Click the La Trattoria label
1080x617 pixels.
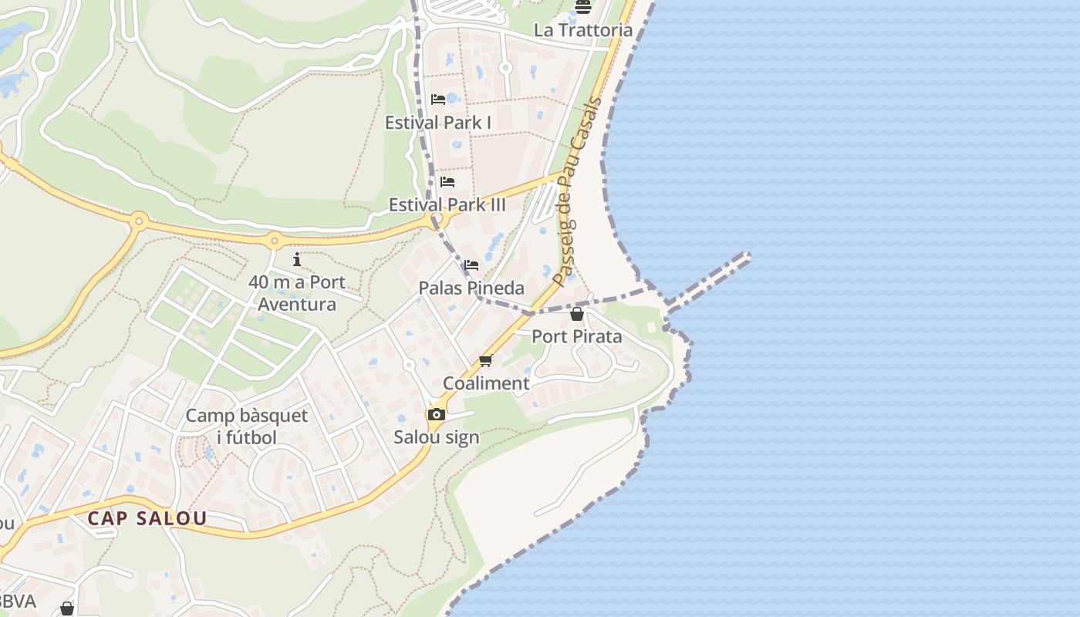pyautogui.click(x=583, y=30)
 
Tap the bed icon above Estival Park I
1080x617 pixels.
pyautogui.click(x=438, y=99)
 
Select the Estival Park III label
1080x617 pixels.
pyautogui.click(x=447, y=204)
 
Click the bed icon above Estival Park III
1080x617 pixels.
pyautogui.click(x=447, y=183)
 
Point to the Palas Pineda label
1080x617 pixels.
pyautogui.click(x=471, y=288)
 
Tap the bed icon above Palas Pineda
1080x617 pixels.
pyautogui.click(x=471, y=266)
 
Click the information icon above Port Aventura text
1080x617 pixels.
pyautogui.click(x=297, y=260)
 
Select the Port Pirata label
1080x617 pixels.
pyautogui.click(x=577, y=336)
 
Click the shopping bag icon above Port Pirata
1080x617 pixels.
pyautogui.click(x=577, y=314)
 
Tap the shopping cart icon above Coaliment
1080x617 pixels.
pyautogui.click(x=486, y=361)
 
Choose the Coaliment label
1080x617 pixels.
pyautogui.click(x=486, y=383)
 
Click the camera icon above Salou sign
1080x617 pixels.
pyautogui.click(x=437, y=415)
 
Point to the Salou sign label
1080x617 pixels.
pyautogui.click(x=437, y=437)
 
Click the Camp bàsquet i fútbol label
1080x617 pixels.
pyautogui.click(x=247, y=427)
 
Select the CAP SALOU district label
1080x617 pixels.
pyautogui.click(x=147, y=518)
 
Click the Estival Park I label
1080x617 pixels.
pyautogui.click(x=438, y=122)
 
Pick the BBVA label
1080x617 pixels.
pyautogui.click(x=17, y=602)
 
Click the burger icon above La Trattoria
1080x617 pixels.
pyautogui.click(x=583, y=7)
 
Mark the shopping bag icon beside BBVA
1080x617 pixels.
pyautogui.click(x=67, y=609)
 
